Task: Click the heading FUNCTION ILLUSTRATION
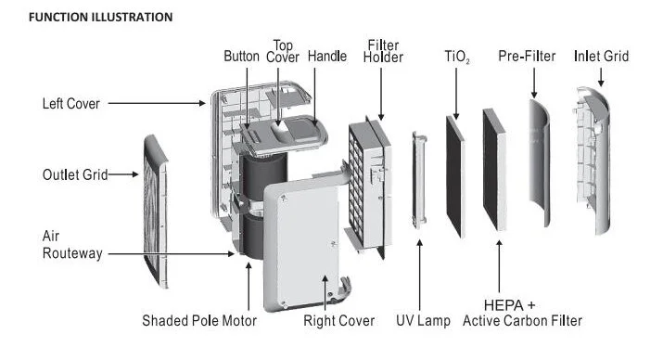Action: (101, 18)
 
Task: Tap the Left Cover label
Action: (71, 104)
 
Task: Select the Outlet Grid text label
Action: (75, 174)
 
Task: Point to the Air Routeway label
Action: (72, 245)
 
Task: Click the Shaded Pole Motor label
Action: (199, 321)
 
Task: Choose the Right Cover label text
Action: (338, 321)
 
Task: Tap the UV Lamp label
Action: (423, 321)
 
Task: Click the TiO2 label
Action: (457, 57)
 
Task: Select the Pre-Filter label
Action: (527, 57)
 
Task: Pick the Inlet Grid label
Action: (601, 57)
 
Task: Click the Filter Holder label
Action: (383, 51)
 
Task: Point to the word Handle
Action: (327, 57)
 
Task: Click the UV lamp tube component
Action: (418, 180)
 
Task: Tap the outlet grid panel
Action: (155, 211)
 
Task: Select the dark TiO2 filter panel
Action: (455, 176)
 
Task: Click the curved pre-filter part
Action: (540, 163)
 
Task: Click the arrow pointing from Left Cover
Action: (157, 103)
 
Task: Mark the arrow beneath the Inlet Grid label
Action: (601, 77)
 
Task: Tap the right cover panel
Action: (302, 245)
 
